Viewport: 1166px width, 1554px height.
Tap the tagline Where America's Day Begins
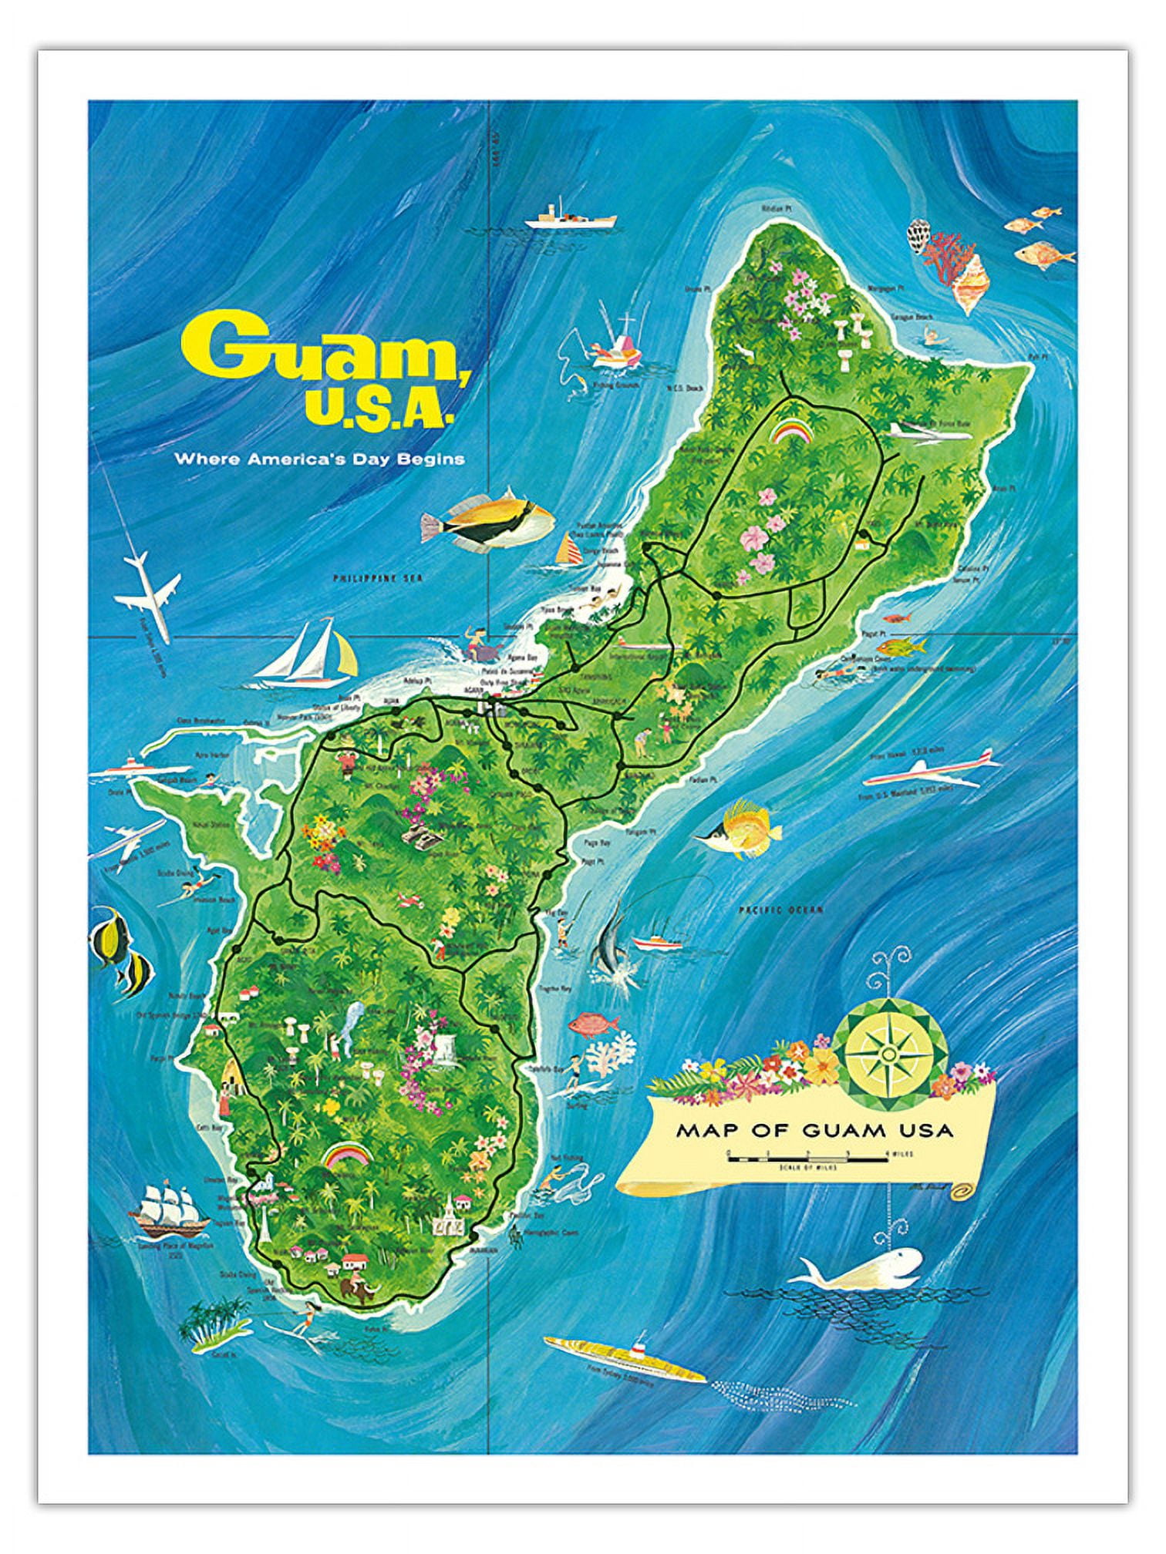(x=319, y=459)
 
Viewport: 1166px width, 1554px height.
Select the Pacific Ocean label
(x=780, y=910)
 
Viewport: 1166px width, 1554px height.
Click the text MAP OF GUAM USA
(x=814, y=1131)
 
